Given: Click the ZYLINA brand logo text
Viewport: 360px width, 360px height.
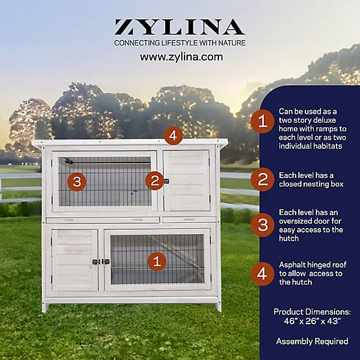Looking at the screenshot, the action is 180,27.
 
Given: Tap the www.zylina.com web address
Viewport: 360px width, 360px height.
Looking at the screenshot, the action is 181,57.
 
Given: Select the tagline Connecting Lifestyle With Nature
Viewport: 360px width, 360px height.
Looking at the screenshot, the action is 180,43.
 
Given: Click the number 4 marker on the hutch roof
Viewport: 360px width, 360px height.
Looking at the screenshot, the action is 174,135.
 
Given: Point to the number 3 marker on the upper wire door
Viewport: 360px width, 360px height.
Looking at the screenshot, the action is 77,181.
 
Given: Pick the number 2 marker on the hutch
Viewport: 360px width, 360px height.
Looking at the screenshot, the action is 155,181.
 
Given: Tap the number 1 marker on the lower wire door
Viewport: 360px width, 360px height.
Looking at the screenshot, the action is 157,261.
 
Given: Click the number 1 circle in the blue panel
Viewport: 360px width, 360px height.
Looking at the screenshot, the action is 263,122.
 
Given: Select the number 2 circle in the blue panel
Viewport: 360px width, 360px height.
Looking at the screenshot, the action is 263,179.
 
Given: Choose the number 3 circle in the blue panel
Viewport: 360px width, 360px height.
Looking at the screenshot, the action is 263,225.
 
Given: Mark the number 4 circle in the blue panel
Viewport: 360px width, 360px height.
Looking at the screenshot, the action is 263,274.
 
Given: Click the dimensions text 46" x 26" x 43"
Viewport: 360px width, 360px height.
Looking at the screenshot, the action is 312,321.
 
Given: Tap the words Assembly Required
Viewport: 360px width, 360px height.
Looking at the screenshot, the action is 312,341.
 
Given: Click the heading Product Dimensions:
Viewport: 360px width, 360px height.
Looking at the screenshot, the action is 312,312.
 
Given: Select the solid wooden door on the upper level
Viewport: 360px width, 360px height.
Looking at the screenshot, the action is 186,181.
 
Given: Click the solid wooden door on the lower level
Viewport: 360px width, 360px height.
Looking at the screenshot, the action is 75,261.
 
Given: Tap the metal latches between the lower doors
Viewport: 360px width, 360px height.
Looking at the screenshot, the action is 101,262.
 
